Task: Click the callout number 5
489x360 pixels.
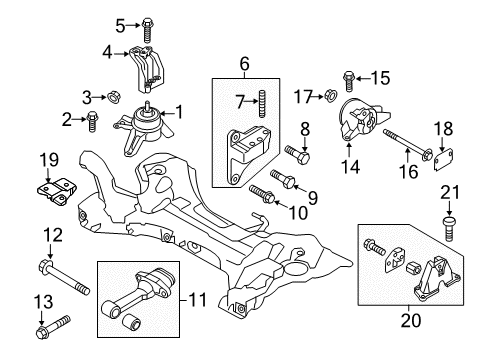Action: pyautogui.click(x=120, y=26)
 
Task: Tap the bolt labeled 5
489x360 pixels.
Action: pyautogui.click(x=147, y=31)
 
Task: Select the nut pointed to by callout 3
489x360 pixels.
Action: pyautogui.click(x=113, y=98)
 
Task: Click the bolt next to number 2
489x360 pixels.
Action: pyautogui.click(x=92, y=122)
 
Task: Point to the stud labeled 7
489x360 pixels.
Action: pyautogui.click(x=262, y=104)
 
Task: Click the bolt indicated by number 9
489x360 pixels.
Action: pyautogui.click(x=283, y=179)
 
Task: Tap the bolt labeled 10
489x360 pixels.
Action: pyautogui.click(x=262, y=194)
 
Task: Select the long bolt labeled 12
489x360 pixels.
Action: pyautogui.click(x=64, y=278)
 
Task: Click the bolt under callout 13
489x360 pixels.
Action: pyautogui.click(x=53, y=327)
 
